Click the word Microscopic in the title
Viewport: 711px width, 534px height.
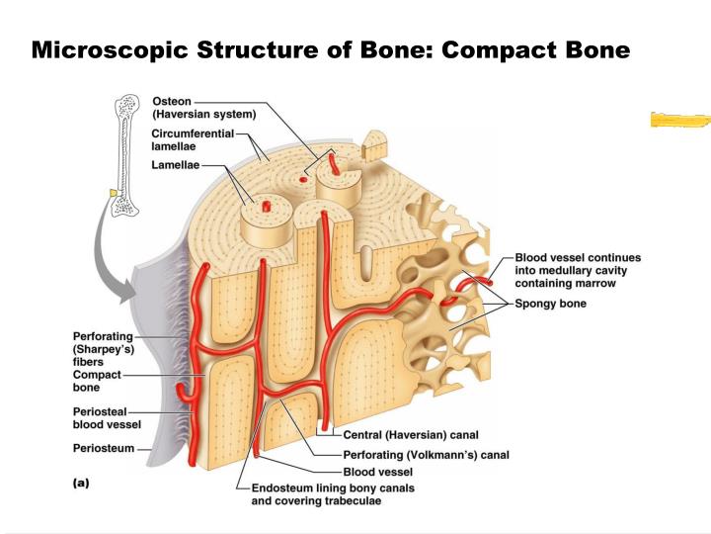point(110,50)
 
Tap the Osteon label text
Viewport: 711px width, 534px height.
point(172,101)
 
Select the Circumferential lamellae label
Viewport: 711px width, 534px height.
point(193,139)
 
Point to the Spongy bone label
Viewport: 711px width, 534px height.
point(550,304)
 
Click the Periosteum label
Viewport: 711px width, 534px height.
point(104,448)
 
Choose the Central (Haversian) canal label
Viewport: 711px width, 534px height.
point(411,435)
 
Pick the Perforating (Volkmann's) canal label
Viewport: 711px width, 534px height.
point(427,455)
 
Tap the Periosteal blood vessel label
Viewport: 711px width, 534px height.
point(107,418)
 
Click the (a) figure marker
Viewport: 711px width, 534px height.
point(81,483)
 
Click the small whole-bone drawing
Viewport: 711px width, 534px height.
point(125,154)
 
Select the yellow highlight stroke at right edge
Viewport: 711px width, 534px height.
point(680,120)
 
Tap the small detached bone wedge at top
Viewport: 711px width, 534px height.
point(374,145)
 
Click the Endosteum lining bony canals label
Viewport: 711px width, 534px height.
point(333,494)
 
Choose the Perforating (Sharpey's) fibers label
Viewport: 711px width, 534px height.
point(104,349)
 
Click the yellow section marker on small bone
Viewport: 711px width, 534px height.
point(114,193)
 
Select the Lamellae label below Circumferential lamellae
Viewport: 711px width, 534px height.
point(176,165)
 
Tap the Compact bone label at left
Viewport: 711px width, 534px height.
point(97,381)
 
